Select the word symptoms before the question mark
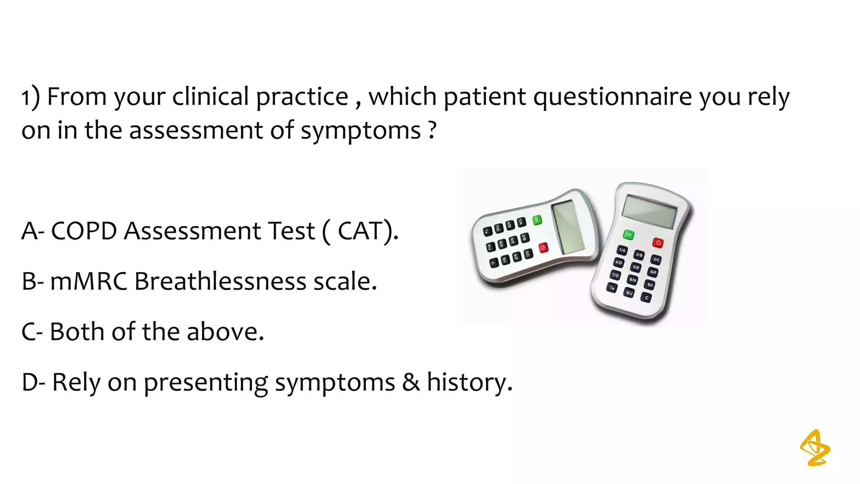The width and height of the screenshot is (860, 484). tap(360, 131)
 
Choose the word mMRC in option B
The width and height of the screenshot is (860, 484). tap(89, 281)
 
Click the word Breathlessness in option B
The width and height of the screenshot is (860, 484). tap(220, 281)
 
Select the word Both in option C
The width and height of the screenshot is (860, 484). tap(77, 332)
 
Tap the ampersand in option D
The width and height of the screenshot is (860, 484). tap(411, 382)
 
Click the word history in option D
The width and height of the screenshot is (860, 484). tap(469, 382)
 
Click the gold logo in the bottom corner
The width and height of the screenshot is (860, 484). tap(815, 448)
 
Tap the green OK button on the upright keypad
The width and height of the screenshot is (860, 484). tap(628, 234)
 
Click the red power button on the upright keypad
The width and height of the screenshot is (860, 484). tap(658, 242)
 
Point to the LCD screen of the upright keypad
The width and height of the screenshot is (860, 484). tap(649, 211)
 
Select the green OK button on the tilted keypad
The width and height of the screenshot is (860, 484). tap(537, 220)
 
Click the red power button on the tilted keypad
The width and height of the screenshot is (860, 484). tap(543, 248)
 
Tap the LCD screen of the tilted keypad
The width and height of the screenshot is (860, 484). tap(568, 227)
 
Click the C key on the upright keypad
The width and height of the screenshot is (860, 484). tap(647, 298)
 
